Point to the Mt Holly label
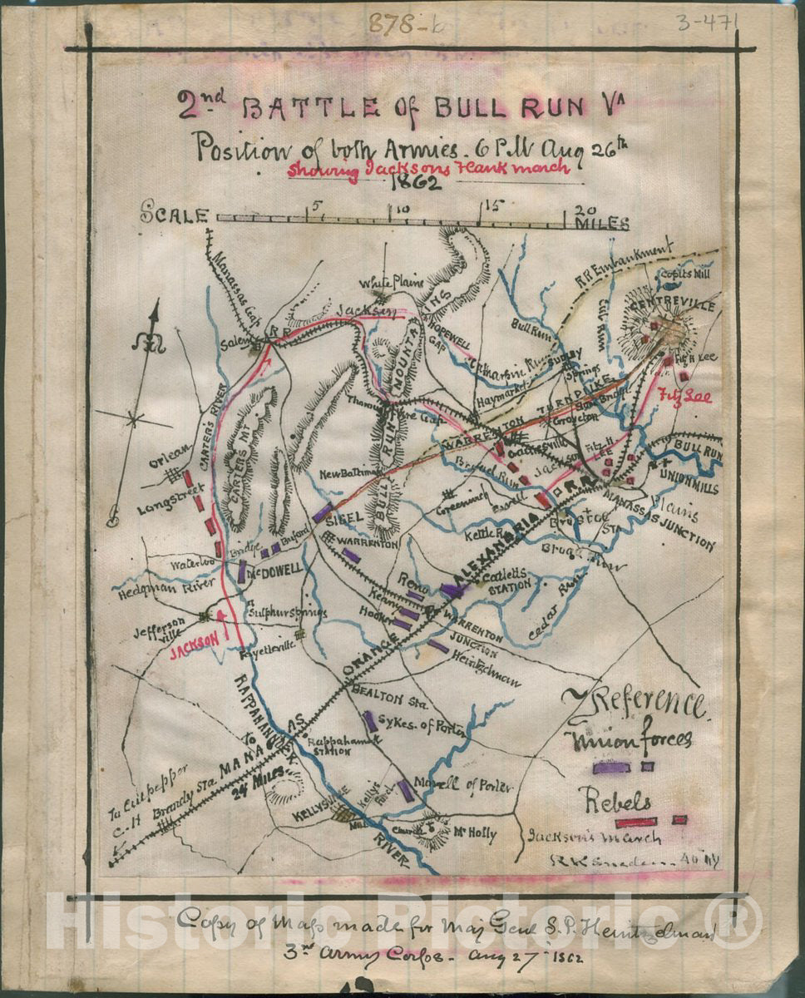pos(474,832)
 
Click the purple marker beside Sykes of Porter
pos(368,720)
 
